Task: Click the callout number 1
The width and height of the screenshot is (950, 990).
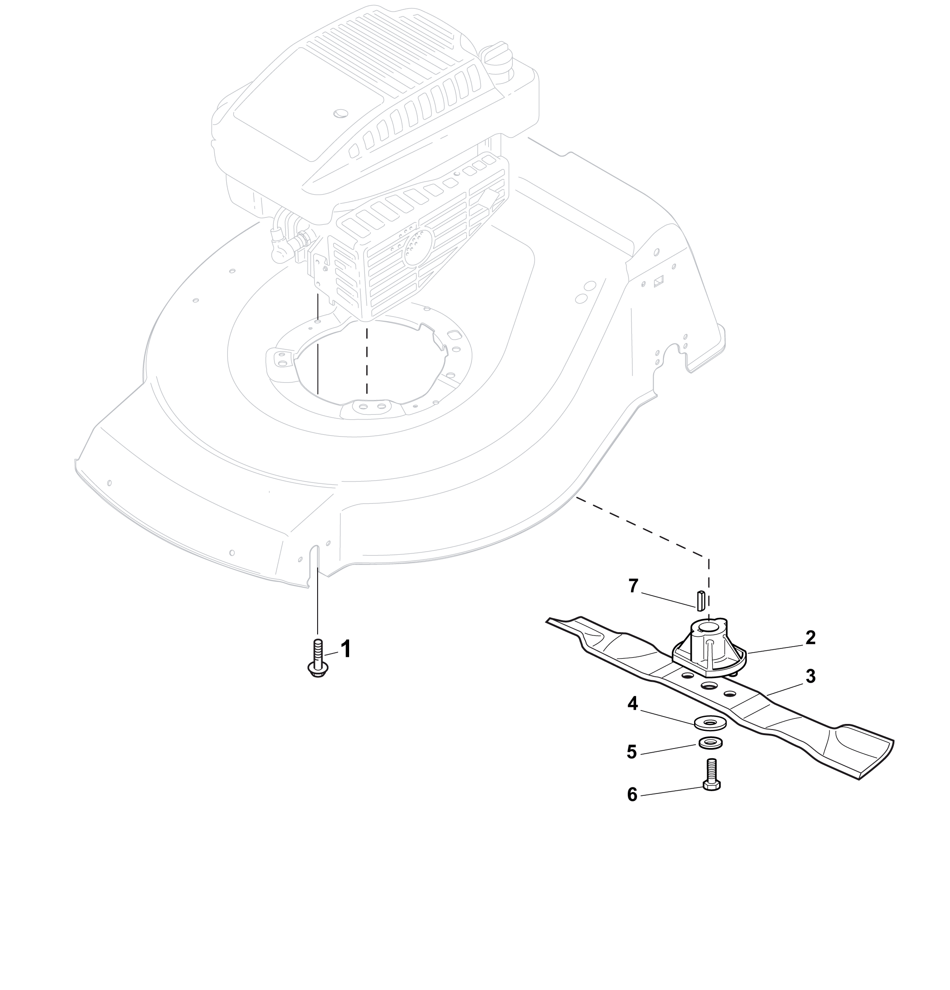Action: click(345, 649)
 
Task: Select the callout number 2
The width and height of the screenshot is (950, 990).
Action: click(810, 638)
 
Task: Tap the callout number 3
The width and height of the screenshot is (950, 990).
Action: click(810, 676)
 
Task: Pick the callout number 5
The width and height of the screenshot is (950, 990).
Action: click(631, 752)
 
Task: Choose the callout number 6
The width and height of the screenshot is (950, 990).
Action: click(632, 794)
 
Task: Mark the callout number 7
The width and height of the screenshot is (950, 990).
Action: click(633, 586)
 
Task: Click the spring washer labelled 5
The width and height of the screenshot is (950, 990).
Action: click(711, 743)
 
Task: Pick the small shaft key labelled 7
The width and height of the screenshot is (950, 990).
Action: click(701, 600)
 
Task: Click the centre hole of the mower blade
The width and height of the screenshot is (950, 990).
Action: click(709, 685)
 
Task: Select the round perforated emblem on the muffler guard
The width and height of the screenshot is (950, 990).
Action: click(417, 246)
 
